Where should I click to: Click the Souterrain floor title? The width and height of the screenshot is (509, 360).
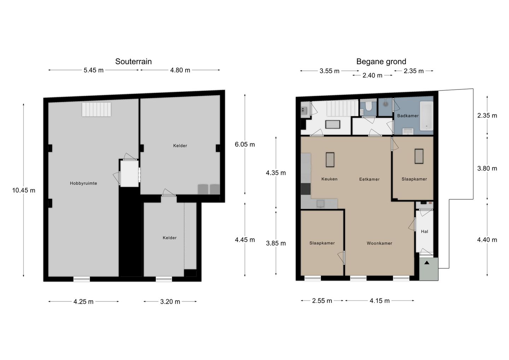click(133, 62)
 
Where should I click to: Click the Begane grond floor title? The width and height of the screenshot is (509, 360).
click(381, 62)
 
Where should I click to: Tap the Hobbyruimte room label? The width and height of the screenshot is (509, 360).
click(83, 183)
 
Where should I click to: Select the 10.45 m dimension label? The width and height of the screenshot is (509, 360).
click(24, 190)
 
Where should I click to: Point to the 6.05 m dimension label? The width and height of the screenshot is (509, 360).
click(245, 144)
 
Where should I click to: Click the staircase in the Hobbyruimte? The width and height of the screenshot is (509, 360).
click(96, 109)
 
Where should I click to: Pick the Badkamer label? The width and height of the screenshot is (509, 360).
click(408, 116)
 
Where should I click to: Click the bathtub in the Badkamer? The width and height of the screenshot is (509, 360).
click(426, 116)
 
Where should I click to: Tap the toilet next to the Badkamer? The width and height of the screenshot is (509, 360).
click(368, 106)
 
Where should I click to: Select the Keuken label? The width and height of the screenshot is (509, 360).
click(329, 179)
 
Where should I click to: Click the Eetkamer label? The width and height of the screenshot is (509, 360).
click(369, 179)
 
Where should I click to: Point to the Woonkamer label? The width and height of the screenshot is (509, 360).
click(379, 243)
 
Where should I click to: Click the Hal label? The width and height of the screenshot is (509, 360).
click(424, 232)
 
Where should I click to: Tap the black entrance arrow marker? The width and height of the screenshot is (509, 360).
click(427, 263)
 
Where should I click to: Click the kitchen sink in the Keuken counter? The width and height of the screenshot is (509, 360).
click(321, 204)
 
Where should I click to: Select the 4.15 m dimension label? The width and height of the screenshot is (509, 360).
click(380, 301)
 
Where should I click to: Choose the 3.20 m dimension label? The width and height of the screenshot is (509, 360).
click(170, 302)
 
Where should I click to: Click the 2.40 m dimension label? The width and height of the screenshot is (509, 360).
click(372, 75)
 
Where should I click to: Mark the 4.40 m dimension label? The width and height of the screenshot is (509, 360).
click(487, 240)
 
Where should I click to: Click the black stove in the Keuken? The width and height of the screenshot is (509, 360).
click(306, 189)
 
